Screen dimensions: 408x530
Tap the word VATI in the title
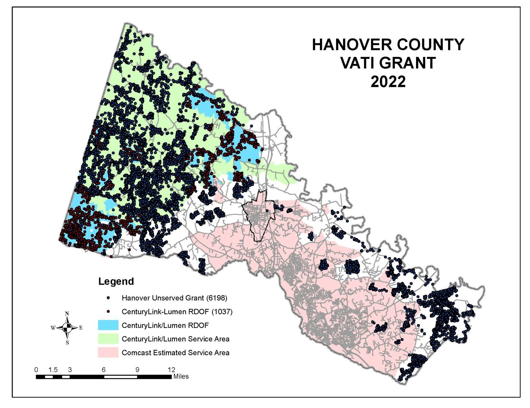point(358,63)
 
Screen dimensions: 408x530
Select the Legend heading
point(116,281)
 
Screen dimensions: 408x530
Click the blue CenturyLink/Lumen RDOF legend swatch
point(108,325)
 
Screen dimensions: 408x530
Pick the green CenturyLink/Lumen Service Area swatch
point(108,339)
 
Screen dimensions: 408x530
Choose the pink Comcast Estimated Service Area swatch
point(108,352)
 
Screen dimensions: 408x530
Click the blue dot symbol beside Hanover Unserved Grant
point(108,298)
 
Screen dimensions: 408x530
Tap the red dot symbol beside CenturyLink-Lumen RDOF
point(108,311)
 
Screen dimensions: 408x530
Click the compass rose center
point(67,328)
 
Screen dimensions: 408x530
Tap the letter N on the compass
point(67,313)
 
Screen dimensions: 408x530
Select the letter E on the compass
point(81,328)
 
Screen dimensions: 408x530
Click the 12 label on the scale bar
point(171,370)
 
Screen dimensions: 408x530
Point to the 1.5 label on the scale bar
point(53,370)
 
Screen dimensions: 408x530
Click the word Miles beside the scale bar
point(181,376)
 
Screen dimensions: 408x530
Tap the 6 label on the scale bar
point(104,370)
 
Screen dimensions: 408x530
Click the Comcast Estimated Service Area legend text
point(175,352)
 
